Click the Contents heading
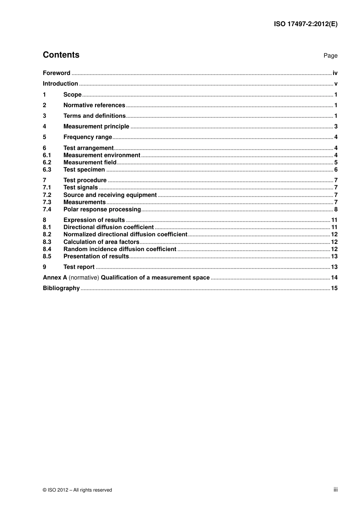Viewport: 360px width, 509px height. (x=61, y=55)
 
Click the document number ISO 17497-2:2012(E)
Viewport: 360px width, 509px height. (x=305, y=24)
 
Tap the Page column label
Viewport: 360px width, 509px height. (x=330, y=56)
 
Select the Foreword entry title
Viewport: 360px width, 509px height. (x=56, y=73)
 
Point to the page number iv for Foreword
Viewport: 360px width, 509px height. (x=335, y=73)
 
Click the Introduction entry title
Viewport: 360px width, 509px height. (x=60, y=84)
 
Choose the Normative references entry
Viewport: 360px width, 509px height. (x=94, y=105)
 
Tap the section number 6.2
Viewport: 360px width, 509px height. (x=47, y=162)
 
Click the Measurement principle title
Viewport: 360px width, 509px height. (x=96, y=126)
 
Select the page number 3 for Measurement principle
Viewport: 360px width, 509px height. (x=336, y=126)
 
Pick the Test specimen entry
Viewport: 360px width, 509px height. (x=84, y=170)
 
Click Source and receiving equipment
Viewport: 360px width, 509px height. (x=110, y=195)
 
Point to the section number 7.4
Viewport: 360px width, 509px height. (x=47, y=209)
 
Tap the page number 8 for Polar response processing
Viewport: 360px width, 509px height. (x=336, y=209)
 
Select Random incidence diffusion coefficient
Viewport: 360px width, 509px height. (x=120, y=249)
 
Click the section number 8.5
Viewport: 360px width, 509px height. (x=47, y=256)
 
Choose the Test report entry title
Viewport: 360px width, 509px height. (x=79, y=267)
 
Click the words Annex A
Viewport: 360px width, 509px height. (x=55, y=278)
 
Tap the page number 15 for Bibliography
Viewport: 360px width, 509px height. (x=334, y=288)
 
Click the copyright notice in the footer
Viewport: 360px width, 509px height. (x=77, y=490)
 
